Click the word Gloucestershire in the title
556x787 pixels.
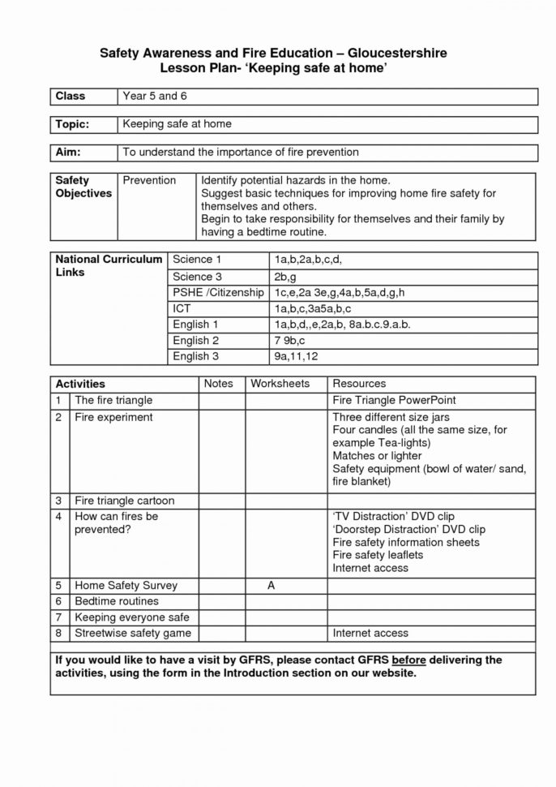click(x=390, y=53)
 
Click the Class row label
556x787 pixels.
click(x=70, y=97)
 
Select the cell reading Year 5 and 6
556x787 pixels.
click(x=149, y=97)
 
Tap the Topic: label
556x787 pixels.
click(x=72, y=124)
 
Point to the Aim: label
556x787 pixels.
click(x=67, y=152)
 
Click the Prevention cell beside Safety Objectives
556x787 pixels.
click(x=149, y=180)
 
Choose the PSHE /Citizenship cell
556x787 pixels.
click(x=218, y=292)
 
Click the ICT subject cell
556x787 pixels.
click(x=182, y=308)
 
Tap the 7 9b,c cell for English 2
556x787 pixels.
click(x=289, y=341)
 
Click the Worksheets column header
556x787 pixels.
click(x=280, y=384)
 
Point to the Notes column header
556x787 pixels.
click(x=218, y=384)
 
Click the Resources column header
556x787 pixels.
click(x=359, y=384)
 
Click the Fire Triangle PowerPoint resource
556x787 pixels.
click(x=394, y=400)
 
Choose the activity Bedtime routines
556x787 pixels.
click(x=116, y=601)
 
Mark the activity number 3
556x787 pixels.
click(x=59, y=501)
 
